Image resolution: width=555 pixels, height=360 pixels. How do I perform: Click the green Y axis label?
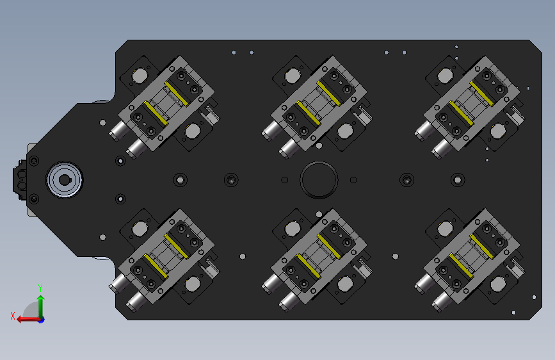[40, 288]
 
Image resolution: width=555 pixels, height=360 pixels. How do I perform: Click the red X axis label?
[13, 316]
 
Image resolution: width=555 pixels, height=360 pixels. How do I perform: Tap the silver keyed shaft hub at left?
[65, 180]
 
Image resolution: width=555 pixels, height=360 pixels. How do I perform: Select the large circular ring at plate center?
[319, 180]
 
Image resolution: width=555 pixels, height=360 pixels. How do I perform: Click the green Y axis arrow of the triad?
[41, 306]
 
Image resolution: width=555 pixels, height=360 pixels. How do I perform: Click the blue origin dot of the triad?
[42, 320]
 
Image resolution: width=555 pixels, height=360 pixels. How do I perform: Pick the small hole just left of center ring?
[285, 180]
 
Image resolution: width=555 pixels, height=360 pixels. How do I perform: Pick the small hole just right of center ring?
[353, 180]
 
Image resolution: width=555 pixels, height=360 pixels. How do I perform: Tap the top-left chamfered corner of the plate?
[122, 46]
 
